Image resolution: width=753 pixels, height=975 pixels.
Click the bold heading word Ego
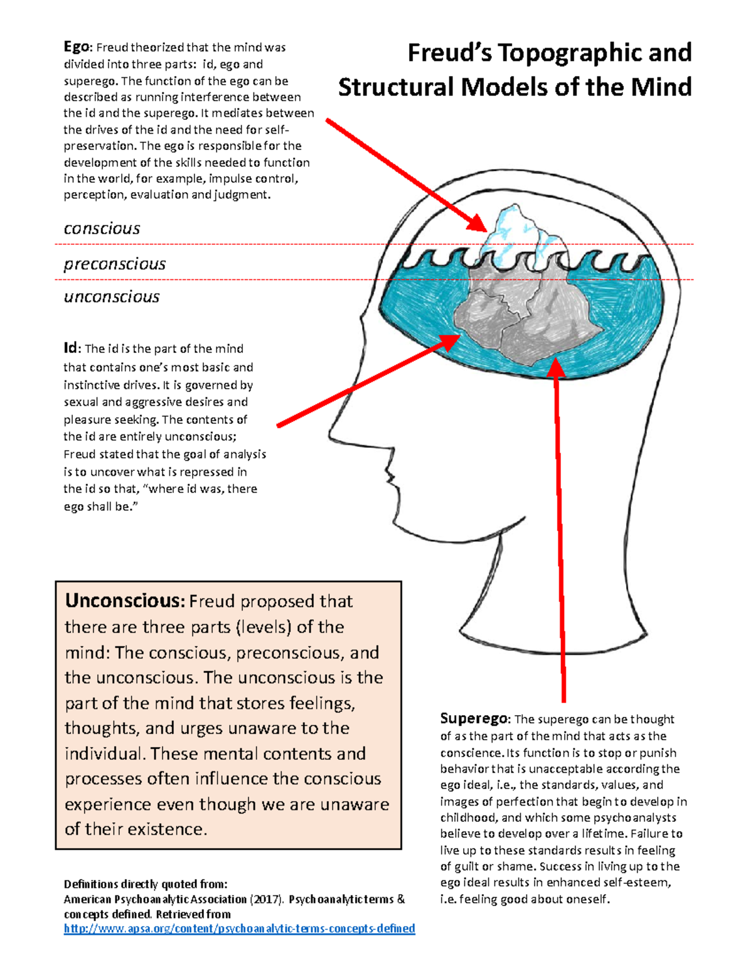77,47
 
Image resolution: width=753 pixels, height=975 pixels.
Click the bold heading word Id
70,348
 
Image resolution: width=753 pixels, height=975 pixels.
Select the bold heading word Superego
474,718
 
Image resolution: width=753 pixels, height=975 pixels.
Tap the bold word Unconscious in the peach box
124,601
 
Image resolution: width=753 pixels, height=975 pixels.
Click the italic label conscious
102,229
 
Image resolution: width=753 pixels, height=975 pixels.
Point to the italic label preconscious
115,264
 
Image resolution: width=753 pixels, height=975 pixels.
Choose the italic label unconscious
112,297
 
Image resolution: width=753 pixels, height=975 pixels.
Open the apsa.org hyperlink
239,928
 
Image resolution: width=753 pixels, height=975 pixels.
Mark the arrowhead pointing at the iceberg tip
478,223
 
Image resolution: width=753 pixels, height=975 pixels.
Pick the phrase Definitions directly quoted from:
145,884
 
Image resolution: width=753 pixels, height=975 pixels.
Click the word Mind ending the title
661,87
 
